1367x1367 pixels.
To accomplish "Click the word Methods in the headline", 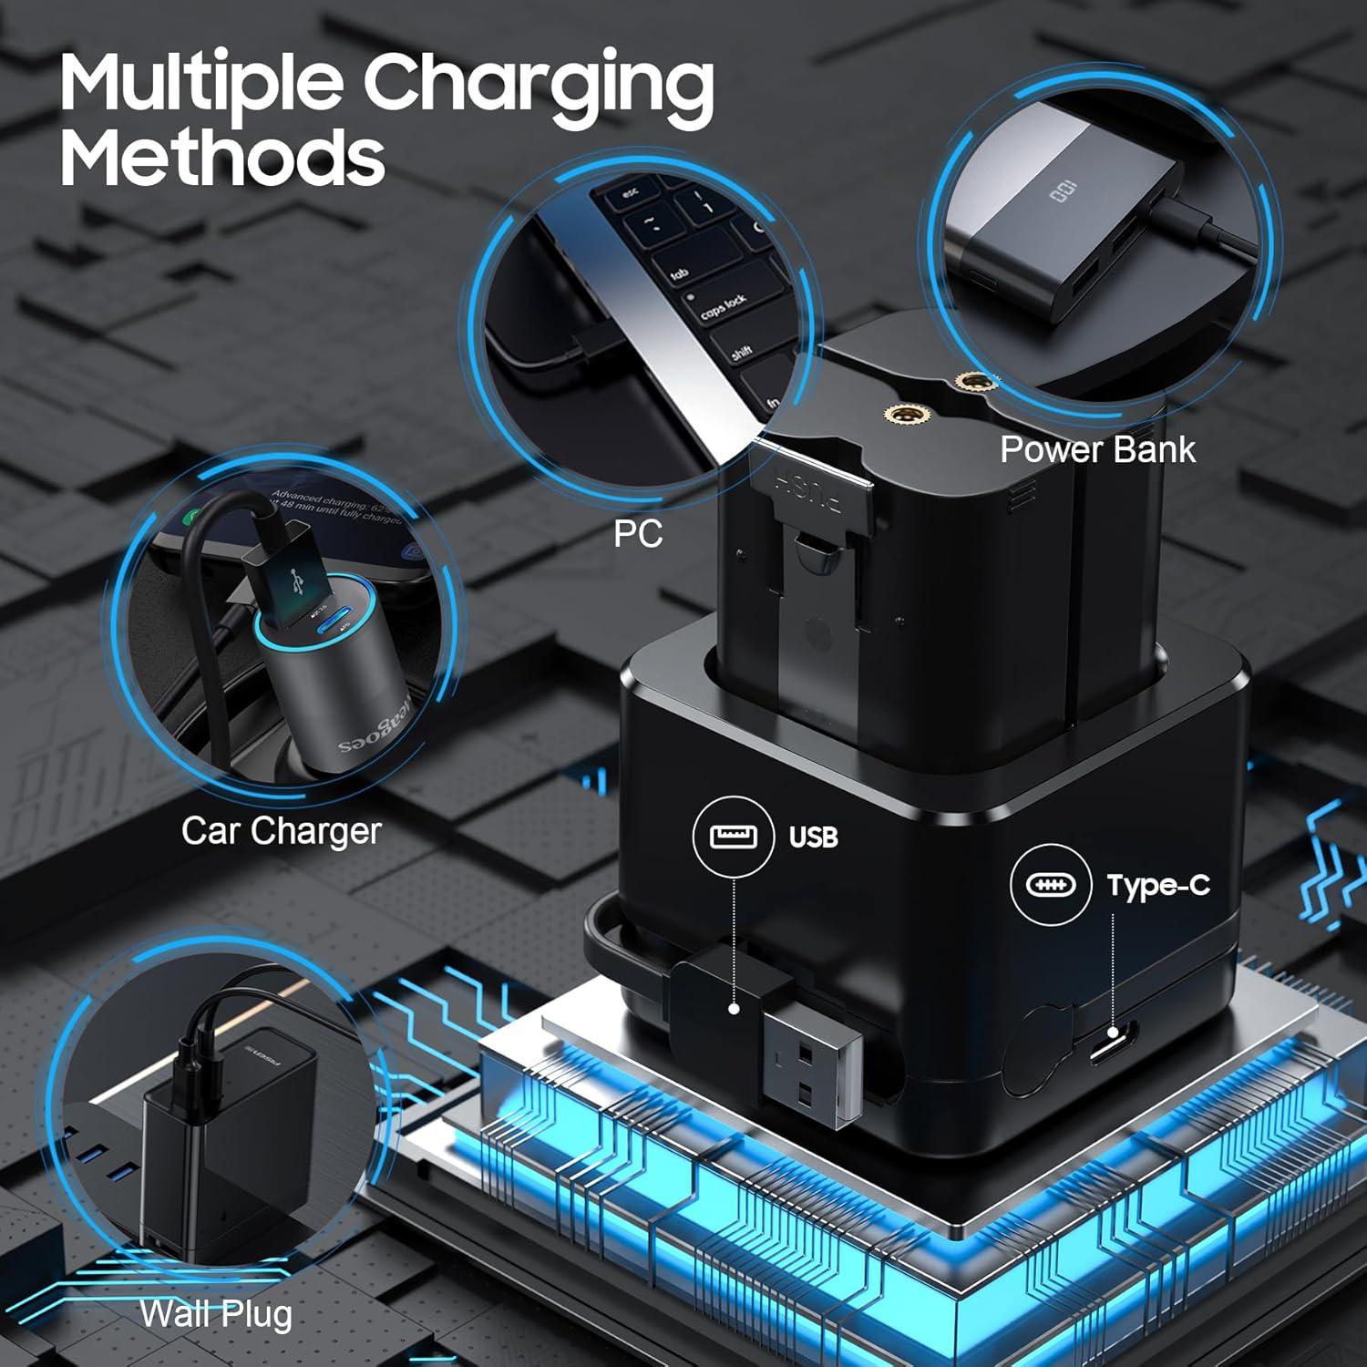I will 222,157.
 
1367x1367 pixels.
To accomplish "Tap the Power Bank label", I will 1097,449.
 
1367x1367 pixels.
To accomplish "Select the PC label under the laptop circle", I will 637,533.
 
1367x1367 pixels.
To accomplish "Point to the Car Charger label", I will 281,830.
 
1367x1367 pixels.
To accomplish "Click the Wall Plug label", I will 216,1313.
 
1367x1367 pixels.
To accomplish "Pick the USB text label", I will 813,837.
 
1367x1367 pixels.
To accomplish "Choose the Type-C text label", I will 1158,885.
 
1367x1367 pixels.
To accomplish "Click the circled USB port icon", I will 734,836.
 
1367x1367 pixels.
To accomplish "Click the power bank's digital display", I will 1062,192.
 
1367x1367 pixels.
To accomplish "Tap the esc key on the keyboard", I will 630,193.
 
